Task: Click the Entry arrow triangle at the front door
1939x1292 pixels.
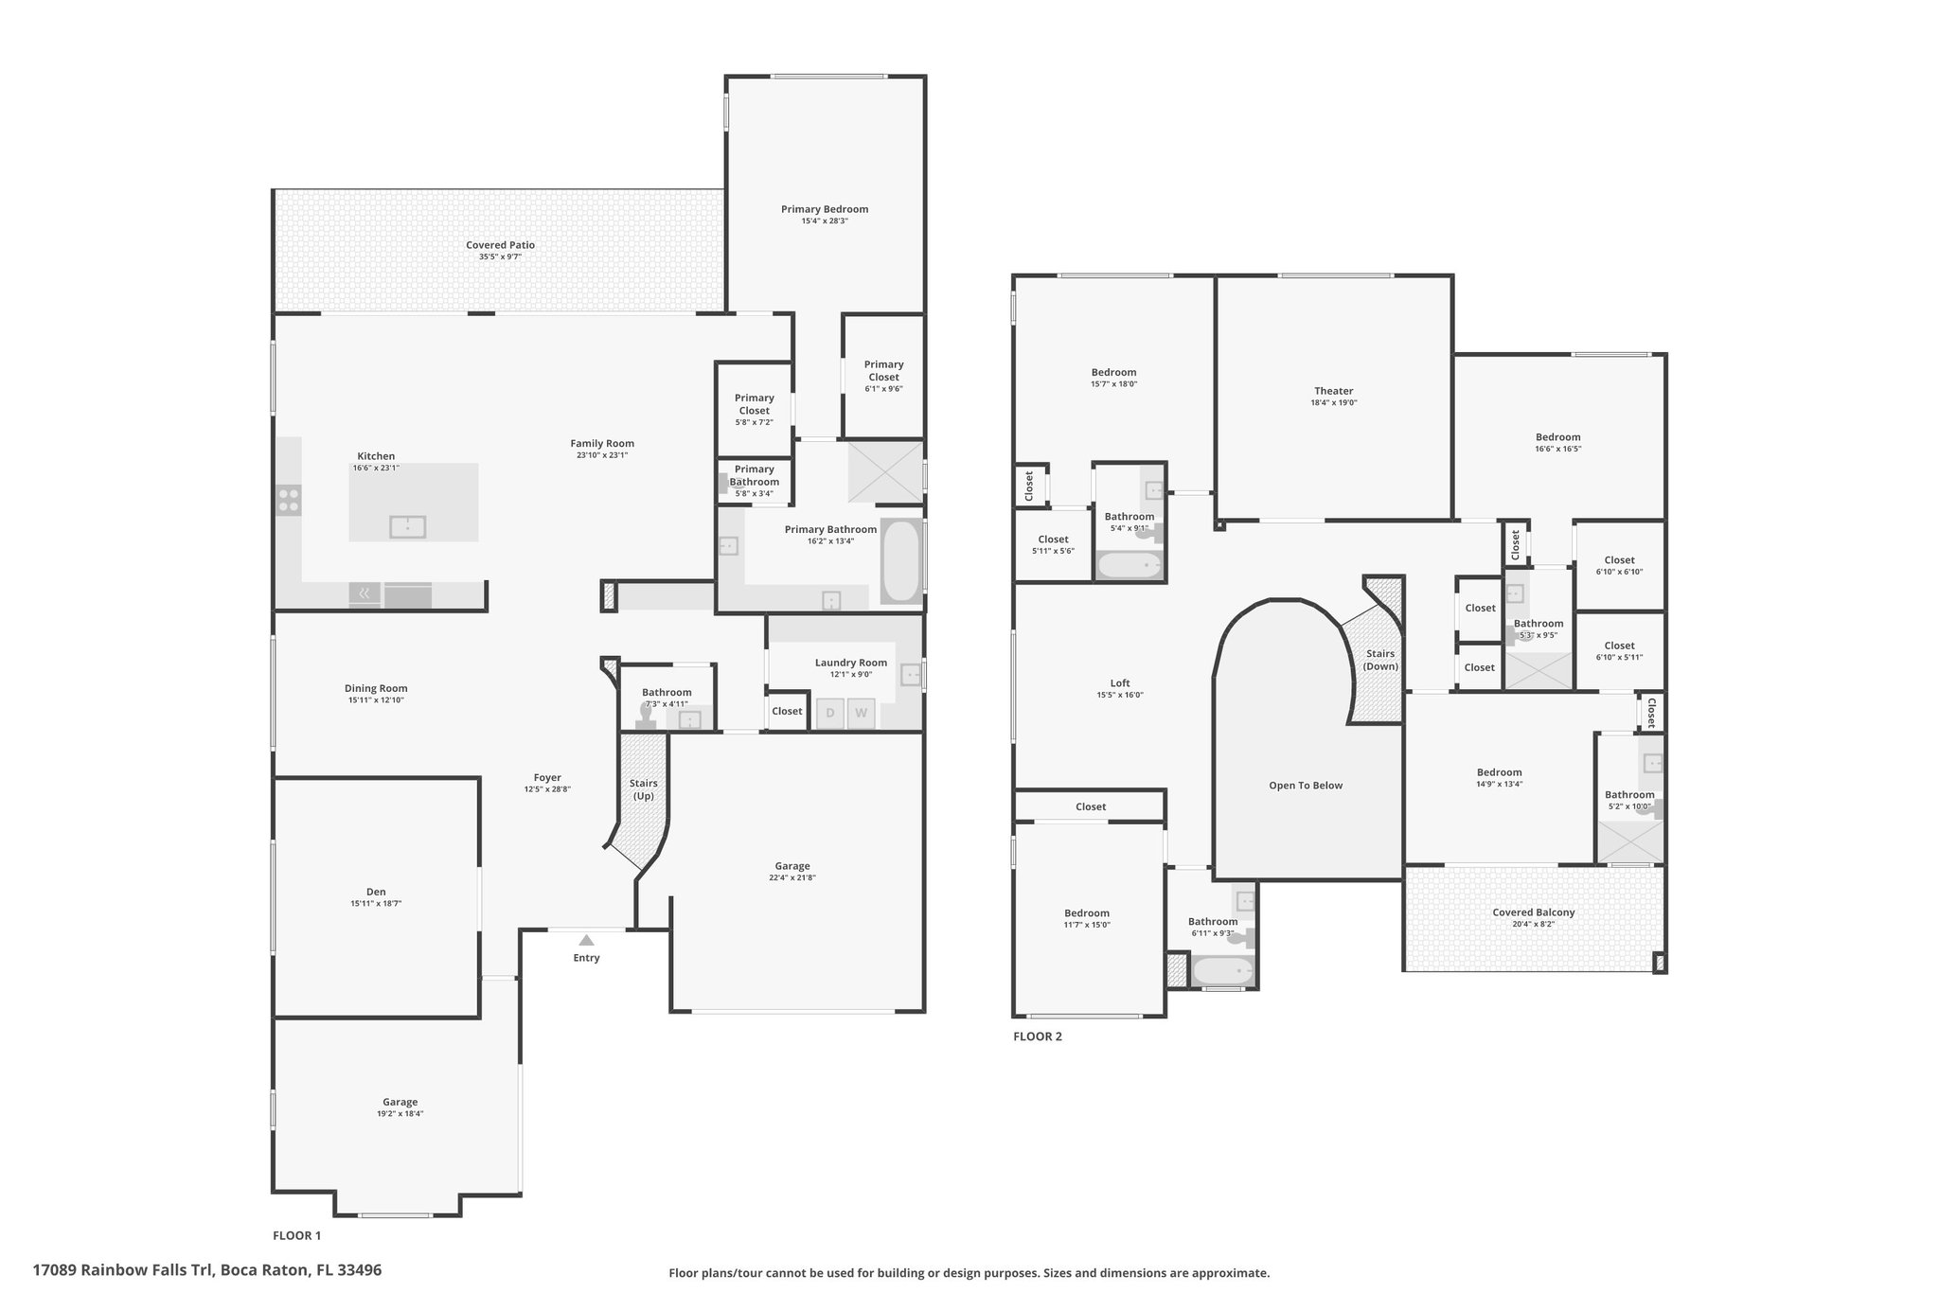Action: tap(586, 940)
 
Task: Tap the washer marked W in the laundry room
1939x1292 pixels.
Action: tap(861, 714)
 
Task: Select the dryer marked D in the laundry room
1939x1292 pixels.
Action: tap(830, 714)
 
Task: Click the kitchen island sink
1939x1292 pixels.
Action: tap(408, 526)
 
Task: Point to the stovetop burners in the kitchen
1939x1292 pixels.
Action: tap(289, 500)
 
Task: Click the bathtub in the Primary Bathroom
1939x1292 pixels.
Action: tap(900, 560)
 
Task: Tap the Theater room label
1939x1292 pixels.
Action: tap(1333, 391)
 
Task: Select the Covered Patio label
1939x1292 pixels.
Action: tap(500, 245)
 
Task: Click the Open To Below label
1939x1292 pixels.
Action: tap(1306, 786)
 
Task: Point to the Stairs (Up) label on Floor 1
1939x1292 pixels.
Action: tap(644, 789)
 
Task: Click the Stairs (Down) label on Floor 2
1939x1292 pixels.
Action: tap(1380, 660)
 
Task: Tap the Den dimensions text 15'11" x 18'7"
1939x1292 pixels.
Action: tap(376, 904)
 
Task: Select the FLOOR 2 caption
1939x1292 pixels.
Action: tap(1038, 1036)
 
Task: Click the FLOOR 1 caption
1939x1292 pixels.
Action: tap(297, 1235)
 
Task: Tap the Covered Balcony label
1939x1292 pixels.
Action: tap(1534, 912)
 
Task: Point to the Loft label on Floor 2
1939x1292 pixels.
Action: tap(1120, 683)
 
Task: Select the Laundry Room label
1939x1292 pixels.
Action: tap(851, 663)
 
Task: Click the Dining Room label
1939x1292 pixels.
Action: tap(376, 689)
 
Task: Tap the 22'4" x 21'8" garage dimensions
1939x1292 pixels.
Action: tap(792, 877)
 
